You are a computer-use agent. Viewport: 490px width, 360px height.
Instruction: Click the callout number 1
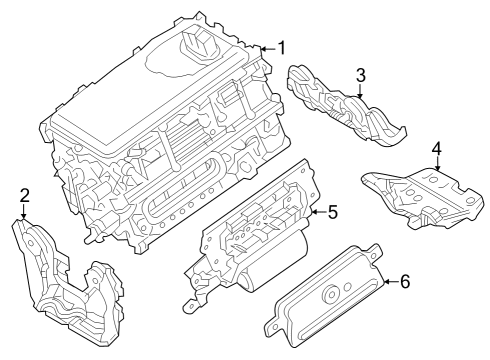click(281, 47)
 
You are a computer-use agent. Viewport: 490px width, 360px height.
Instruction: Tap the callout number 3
click(360, 74)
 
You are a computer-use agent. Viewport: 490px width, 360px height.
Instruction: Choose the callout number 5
click(334, 211)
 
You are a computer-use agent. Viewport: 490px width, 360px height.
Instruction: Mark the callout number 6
click(404, 281)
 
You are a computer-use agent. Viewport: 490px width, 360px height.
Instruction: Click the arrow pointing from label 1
click(263, 48)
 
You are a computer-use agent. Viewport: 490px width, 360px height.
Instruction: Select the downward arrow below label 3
click(360, 92)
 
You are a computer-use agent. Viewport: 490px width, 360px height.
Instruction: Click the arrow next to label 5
click(316, 211)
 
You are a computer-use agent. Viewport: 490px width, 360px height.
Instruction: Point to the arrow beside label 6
click(386, 282)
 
